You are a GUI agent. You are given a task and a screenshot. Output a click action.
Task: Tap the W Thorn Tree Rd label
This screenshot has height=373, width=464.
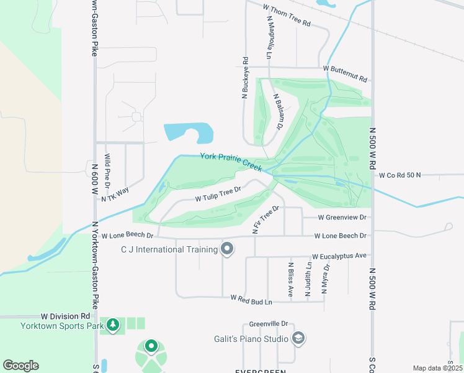point(286,15)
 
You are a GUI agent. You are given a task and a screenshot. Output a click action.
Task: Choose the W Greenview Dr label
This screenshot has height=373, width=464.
point(342,218)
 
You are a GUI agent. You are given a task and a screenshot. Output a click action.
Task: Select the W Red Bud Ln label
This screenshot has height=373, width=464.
point(251,299)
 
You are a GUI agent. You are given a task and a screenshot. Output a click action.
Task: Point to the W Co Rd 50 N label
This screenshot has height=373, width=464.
point(399,175)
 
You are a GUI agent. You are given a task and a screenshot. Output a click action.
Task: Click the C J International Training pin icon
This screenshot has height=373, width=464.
point(227,249)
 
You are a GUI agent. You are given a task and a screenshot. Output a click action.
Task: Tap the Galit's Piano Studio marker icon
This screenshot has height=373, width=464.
point(298,338)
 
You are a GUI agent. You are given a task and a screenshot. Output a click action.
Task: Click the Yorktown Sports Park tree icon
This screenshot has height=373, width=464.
point(113,325)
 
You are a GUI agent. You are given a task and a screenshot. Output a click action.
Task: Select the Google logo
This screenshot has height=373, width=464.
point(20,366)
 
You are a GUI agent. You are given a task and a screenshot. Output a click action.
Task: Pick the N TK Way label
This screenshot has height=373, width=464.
point(115,193)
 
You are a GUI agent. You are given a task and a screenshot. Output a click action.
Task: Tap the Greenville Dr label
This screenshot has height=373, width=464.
point(269,324)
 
